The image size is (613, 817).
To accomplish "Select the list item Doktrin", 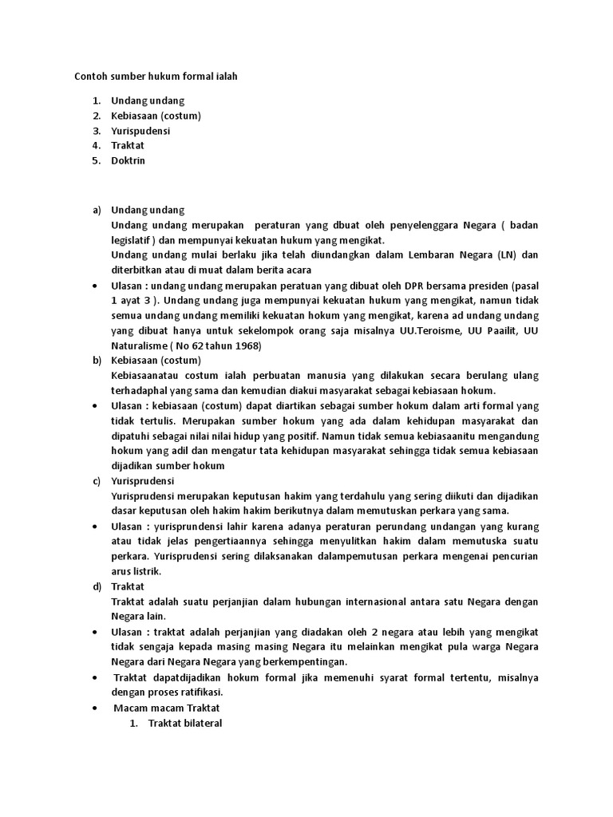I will click(x=128, y=160).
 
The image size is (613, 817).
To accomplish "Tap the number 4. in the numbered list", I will click(x=96, y=145).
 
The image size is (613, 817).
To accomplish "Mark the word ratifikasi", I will click(x=200, y=692).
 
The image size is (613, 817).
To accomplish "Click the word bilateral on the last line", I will click(x=202, y=723).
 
